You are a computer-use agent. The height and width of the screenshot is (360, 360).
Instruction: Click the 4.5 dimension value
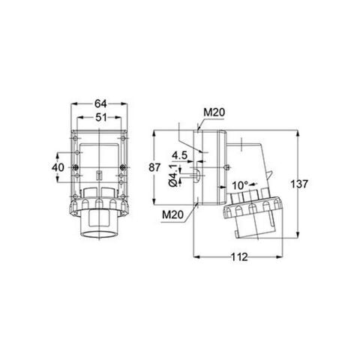pyautogui.click(x=179, y=156)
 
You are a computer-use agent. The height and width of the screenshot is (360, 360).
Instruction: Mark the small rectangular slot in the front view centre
pyautogui.click(x=99, y=176)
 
